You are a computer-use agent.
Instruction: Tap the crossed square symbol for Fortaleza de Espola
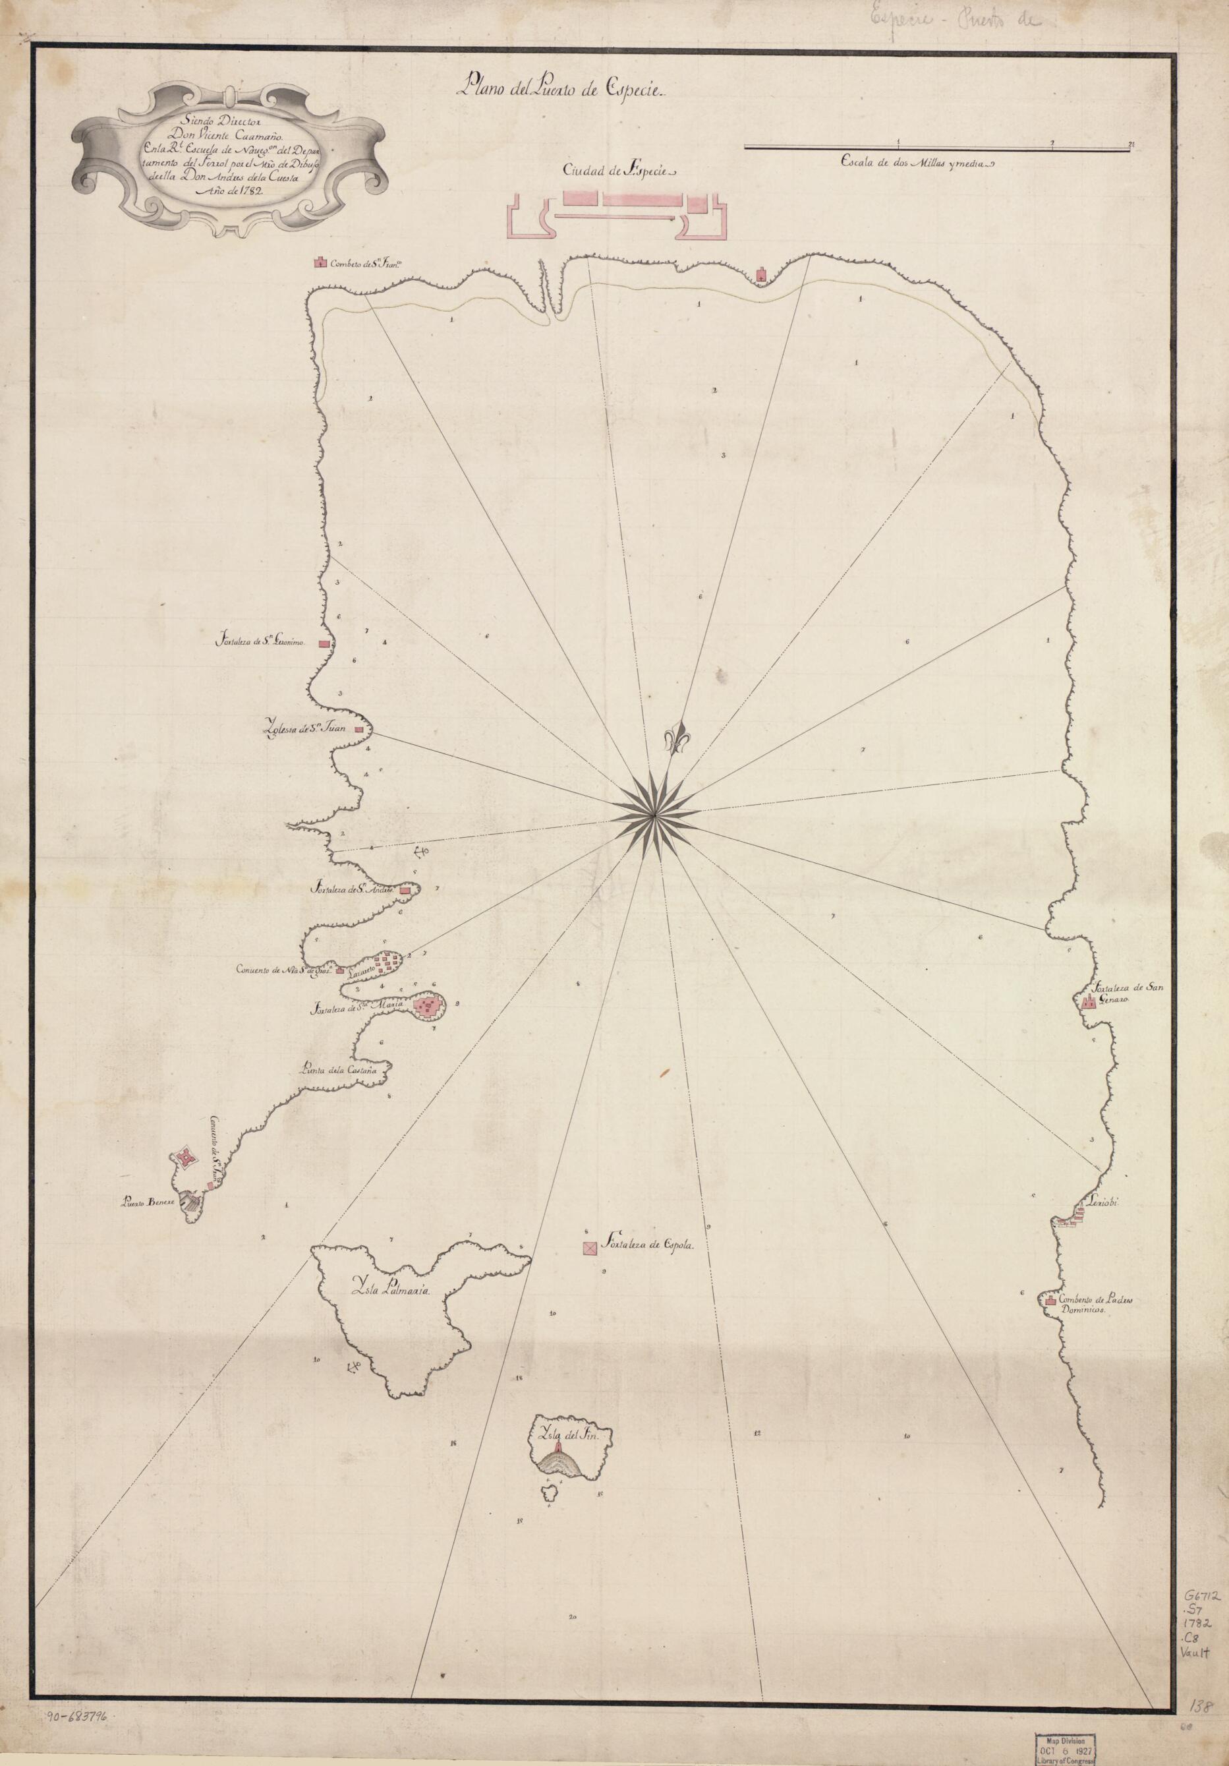pyautogui.click(x=590, y=1249)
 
